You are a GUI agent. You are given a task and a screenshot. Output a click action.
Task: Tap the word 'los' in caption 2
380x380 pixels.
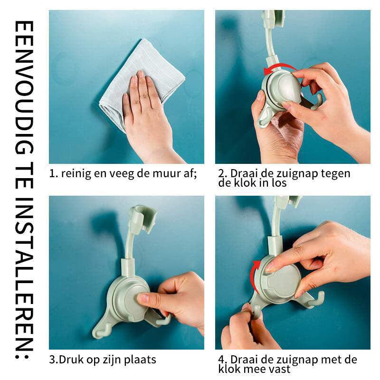coord(280,183)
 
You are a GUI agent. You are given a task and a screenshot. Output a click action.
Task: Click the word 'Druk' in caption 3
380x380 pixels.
coord(69,360)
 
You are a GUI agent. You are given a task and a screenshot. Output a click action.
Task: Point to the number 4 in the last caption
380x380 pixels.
coord(221,360)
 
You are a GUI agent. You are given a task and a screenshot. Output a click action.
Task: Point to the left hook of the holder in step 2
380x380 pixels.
coord(264,119)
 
